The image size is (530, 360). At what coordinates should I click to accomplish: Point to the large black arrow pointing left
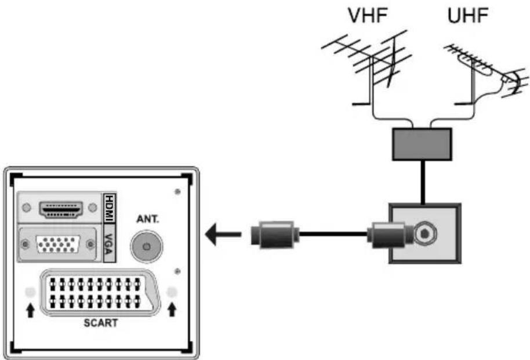[223, 235]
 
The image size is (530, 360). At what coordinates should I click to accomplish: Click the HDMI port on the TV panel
[60, 209]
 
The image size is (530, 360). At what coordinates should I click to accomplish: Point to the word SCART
[99, 323]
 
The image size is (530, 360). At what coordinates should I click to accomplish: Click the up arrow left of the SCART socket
[30, 310]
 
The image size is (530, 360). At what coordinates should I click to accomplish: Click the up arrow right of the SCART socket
[171, 310]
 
